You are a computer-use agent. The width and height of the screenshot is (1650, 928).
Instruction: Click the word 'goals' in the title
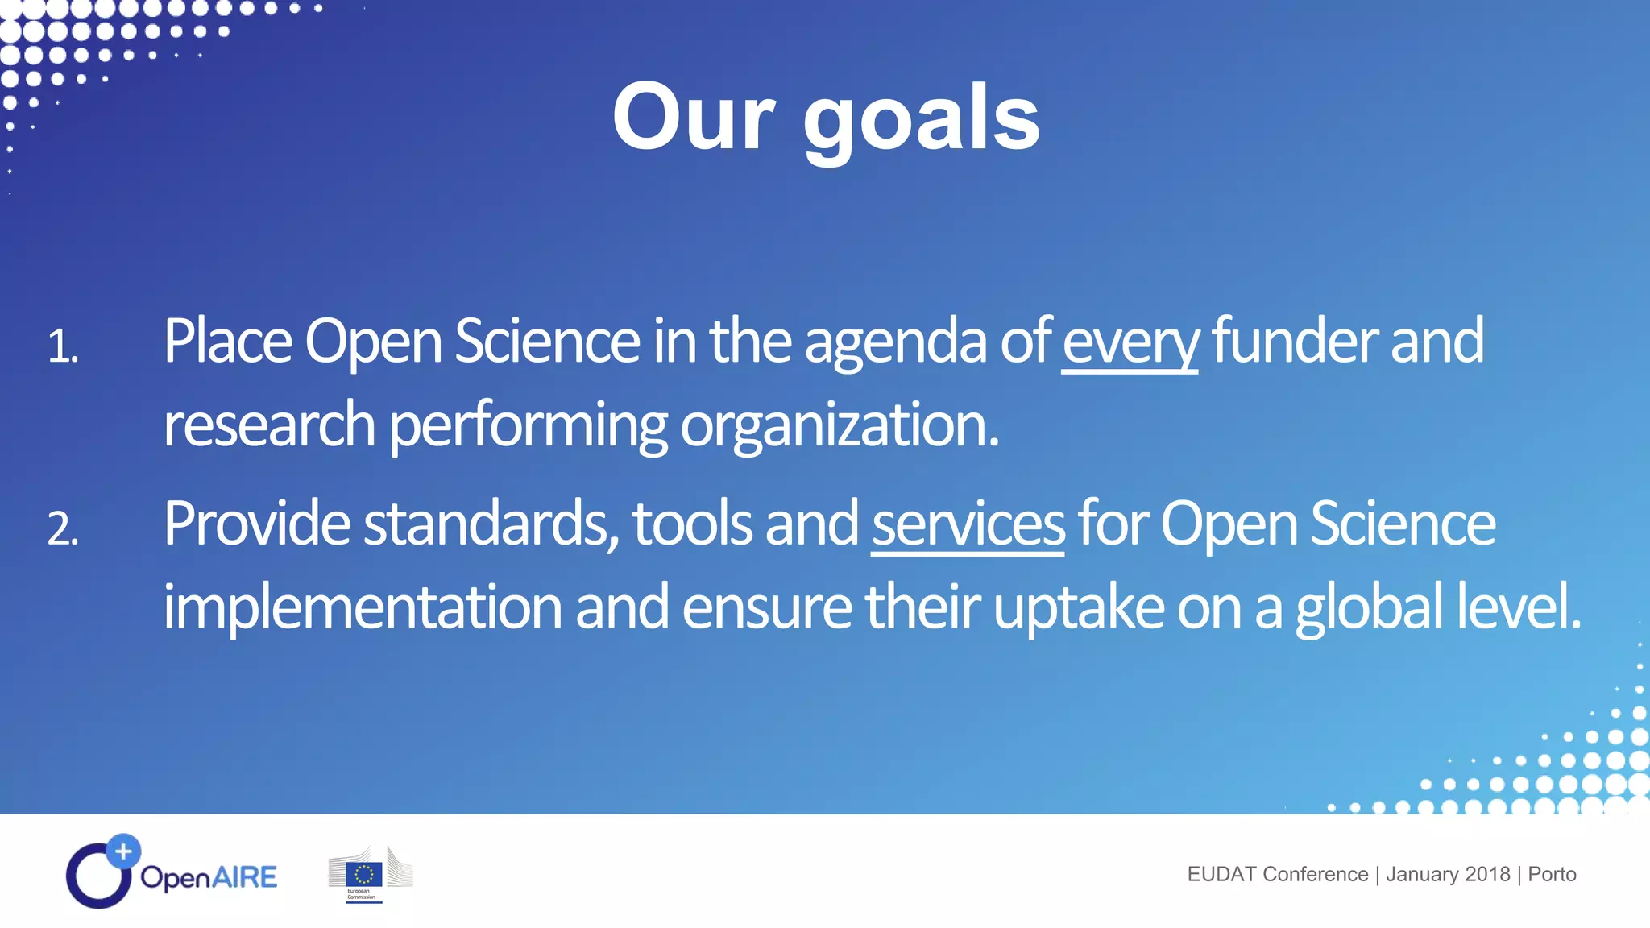[921, 121]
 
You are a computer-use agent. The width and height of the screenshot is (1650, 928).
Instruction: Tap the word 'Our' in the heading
[694, 118]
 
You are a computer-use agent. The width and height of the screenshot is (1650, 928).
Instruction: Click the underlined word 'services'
[968, 524]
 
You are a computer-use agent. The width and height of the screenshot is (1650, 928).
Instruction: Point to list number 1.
[63, 347]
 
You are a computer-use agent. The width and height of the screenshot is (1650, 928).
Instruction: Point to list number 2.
[63, 530]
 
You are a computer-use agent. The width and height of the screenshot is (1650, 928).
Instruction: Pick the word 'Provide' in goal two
[256, 524]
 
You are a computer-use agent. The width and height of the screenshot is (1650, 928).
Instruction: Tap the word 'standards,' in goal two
[491, 524]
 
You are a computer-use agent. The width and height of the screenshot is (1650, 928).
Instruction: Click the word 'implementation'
[363, 607]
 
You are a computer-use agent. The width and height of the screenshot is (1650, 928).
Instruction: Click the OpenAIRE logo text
[209, 876]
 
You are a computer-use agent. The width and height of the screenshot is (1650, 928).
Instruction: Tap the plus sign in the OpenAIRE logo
[123, 851]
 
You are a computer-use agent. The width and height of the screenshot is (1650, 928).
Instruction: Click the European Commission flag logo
[364, 874]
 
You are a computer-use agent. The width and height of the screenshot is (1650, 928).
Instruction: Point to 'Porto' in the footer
[1552, 874]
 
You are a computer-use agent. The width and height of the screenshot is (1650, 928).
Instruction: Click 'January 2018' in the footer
[1448, 874]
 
